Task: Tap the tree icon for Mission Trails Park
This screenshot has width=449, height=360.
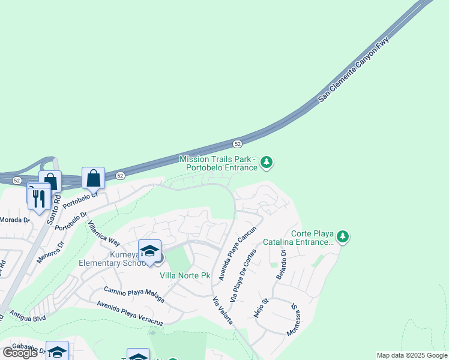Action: (267, 163)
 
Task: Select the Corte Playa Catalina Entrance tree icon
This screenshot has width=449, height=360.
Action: (343, 236)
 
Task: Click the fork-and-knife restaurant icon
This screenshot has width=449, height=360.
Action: (39, 198)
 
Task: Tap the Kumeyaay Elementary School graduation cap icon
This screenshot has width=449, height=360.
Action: (149, 250)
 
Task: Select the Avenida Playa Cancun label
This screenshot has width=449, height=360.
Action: (237, 253)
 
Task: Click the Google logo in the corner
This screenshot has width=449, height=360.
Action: (20, 352)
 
